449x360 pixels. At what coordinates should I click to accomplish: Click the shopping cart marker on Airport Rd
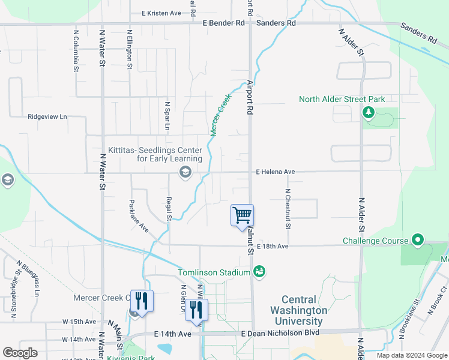click(x=242, y=215)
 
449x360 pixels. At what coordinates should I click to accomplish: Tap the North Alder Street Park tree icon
click(x=369, y=112)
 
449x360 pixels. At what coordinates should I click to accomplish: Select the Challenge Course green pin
click(x=418, y=241)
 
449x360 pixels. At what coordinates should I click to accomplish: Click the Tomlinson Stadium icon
click(x=259, y=272)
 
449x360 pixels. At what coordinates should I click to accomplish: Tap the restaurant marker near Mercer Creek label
click(x=142, y=300)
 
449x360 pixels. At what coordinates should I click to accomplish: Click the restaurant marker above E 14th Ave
click(x=196, y=309)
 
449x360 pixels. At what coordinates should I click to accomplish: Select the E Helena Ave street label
click(x=275, y=172)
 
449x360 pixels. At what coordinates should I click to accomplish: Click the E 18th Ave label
click(x=273, y=247)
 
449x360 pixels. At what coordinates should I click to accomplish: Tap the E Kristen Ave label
click(x=161, y=13)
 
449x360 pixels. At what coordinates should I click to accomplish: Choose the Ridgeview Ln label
click(x=47, y=117)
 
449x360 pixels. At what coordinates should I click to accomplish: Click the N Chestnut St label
click(x=288, y=209)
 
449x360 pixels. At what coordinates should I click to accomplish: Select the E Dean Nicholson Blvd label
click(x=279, y=333)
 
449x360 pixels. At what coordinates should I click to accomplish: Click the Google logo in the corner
click(x=20, y=353)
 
